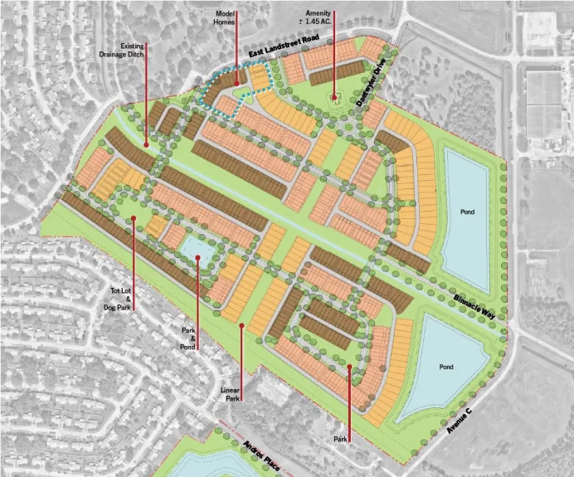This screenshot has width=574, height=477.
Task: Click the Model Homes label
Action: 226,19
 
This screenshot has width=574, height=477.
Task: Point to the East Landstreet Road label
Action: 284,50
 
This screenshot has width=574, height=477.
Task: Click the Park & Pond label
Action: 188,338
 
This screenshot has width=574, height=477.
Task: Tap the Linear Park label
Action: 231,393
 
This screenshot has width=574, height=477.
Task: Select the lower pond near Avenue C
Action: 445,367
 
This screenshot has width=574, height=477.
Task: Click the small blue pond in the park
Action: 195,246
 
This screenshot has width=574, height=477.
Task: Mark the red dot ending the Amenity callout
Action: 334,97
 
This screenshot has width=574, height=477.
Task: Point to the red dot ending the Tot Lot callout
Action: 133,218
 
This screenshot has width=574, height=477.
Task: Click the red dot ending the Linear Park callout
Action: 241,326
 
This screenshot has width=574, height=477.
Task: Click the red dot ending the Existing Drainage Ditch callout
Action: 147,144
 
